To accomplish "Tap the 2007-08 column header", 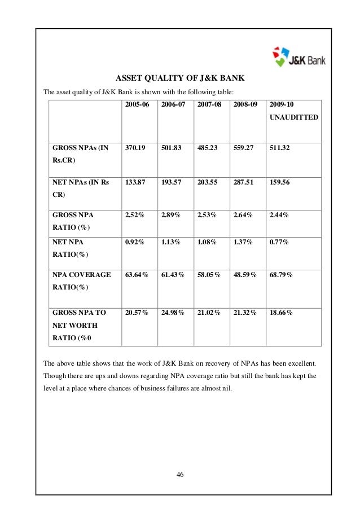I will tap(209, 106).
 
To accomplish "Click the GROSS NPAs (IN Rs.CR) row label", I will tap(80, 154).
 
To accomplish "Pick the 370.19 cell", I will tap(137, 148).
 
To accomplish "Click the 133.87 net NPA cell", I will tap(137, 182).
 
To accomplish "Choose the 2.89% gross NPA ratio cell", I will tap(171, 215).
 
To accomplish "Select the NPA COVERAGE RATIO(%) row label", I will tap(81, 281).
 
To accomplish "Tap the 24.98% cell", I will tap(173, 312).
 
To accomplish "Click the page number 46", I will tap(180, 473).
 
